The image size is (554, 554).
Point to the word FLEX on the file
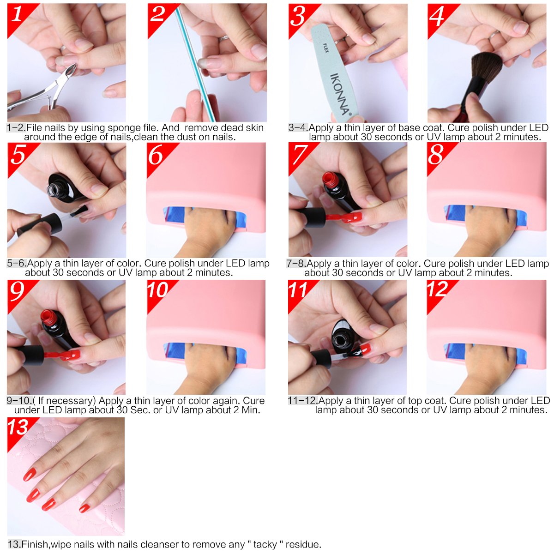[325, 48]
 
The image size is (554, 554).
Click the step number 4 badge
[437, 15]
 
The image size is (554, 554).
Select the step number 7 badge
[300, 153]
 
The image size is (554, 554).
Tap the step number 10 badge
[158, 290]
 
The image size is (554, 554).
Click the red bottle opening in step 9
[48, 316]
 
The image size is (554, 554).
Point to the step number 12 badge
[438, 289]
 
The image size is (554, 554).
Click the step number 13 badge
[18, 428]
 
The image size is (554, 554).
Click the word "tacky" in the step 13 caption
[265, 545]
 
